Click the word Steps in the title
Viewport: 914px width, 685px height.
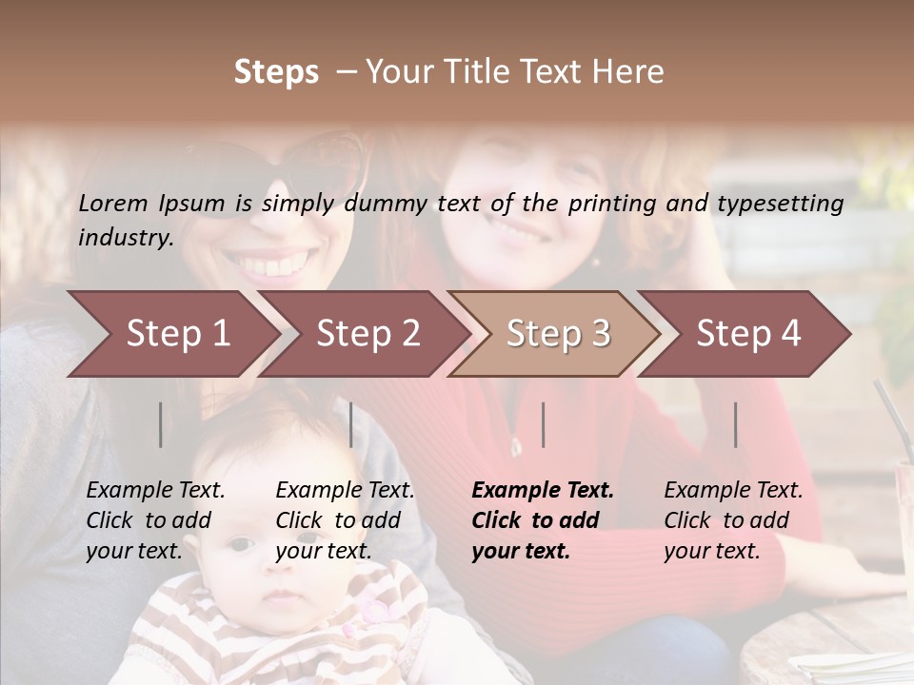coord(276,72)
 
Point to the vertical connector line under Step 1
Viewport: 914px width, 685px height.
coord(160,424)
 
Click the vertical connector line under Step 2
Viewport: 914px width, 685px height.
coord(351,424)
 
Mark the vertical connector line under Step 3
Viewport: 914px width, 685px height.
coord(543,424)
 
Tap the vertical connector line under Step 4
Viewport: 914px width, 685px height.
coord(736,424)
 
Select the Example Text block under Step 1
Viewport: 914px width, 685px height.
coord(155,519)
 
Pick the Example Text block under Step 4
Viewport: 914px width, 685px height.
coord(732,519)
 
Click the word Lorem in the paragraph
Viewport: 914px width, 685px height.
coord(113,203)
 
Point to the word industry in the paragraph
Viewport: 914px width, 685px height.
coord(125,238)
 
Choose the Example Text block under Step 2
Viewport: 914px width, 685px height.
coord(345,519)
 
